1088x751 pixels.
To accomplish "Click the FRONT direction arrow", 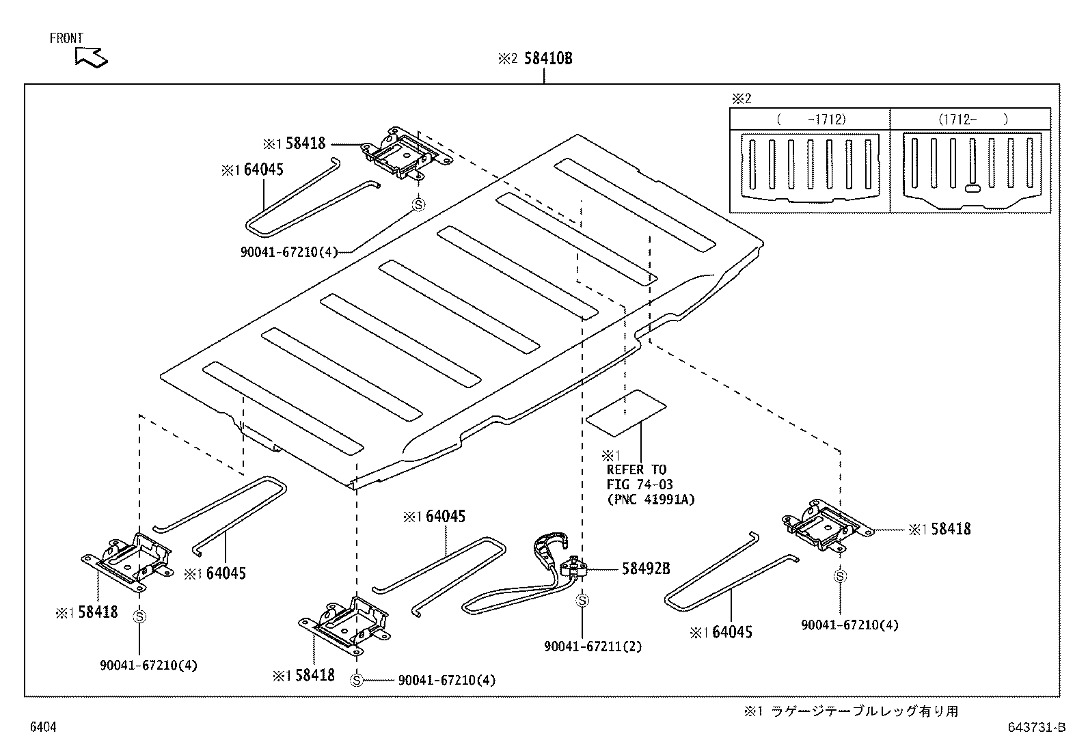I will pyautogui.click(x=91, y=57).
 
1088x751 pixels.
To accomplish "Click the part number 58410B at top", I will pyautogui.click(x=547, y=59).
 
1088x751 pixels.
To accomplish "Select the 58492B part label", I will pyautogui.click(x=645, y=569).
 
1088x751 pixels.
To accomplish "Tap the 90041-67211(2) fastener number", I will pyautogui.click(x=593, y=646).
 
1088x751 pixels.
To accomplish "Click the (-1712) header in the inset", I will pyautogui.click(x=811, y=119).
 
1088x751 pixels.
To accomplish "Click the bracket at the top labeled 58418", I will pyautogui.click(x=406, y=154).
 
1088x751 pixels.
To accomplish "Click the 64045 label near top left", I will pyautogui.click(x=262, y=170).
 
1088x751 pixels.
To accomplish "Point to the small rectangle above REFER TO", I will pyautogui.click(x=626, y=413).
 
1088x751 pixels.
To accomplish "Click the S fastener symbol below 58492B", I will pyautogui.click(x=582, y=601).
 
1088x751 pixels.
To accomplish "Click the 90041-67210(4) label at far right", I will pyautogui.click(x=849, y=625).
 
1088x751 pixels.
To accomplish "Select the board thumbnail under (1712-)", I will pyautogui.click(x=971, y=171).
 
